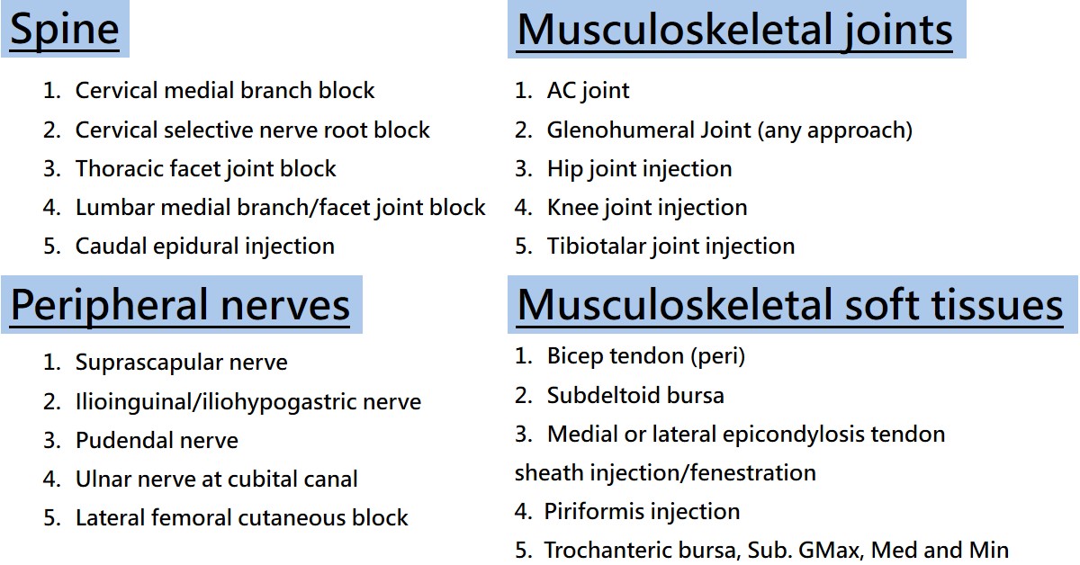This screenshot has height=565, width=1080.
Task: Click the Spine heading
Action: coord(64,29)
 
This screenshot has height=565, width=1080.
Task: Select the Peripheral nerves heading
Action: coord(180,304)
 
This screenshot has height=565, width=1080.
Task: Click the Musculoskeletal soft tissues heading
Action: coord(790,304)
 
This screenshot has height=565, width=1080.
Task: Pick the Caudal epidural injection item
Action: coord(204,246)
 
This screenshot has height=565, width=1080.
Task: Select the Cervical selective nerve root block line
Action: coord(252,130)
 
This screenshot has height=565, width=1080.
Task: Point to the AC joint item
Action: coord(588,90)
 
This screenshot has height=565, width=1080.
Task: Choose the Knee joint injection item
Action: coord(646,207)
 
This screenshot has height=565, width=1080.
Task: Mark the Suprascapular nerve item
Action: coord(181,363)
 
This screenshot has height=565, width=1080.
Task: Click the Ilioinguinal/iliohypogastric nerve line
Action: coord(247,401)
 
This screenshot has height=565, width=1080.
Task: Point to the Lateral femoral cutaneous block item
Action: coord(241,517)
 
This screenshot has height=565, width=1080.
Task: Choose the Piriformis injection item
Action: coord(642,511)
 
